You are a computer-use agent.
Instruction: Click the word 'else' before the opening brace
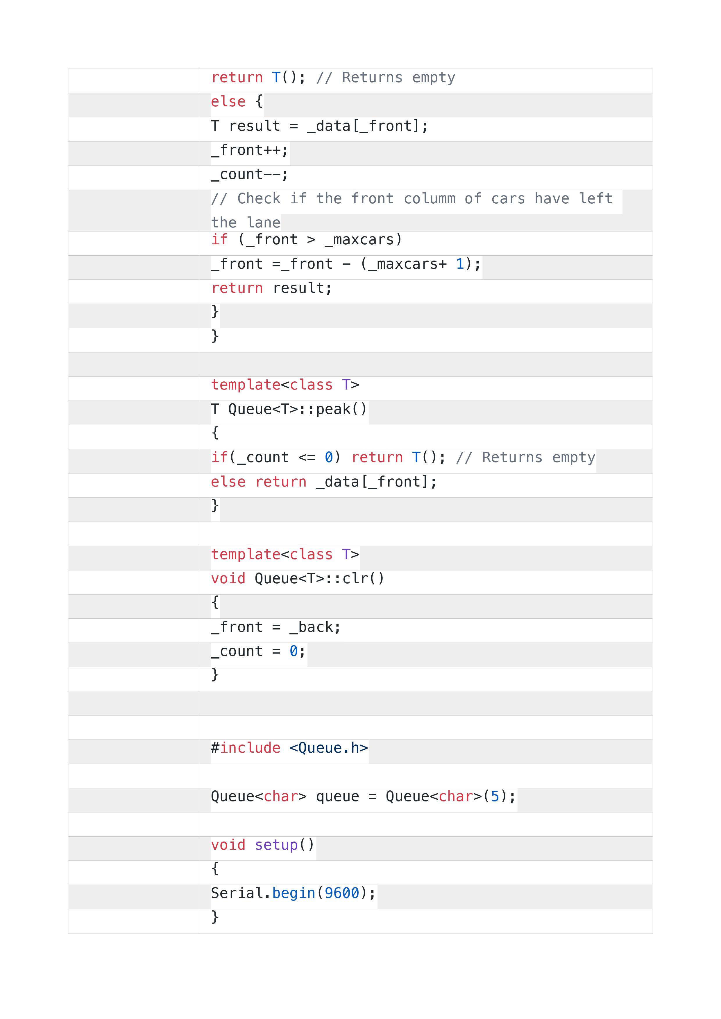[228, 102]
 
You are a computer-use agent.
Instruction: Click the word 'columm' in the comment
[429, 198]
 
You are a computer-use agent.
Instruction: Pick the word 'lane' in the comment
[264, 222]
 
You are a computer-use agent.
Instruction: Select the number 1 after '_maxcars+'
[460, 264]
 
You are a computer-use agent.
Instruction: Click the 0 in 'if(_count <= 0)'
[329, 458]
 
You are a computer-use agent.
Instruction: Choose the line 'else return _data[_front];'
[324, 482]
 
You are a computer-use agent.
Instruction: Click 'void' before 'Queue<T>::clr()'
[228, 579]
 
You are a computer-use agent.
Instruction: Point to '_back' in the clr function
[311, 627]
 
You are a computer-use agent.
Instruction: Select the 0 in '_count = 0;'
[294, 652]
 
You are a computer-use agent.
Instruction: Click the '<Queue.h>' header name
[329, 748]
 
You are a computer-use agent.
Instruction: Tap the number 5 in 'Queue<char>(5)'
[495, 797]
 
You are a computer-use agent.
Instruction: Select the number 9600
[342, 894]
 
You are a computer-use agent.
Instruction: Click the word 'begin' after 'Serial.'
[294, 894]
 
